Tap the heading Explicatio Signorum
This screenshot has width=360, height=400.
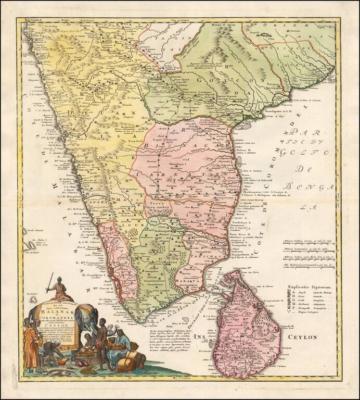(311, 286)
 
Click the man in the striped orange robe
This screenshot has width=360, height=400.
(31, 346)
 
